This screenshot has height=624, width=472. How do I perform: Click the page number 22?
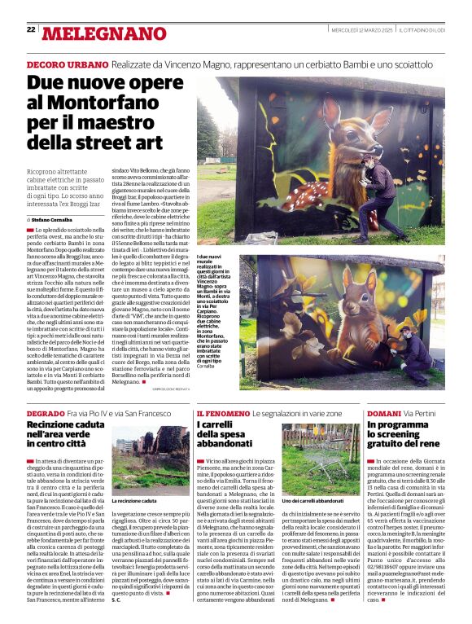[x=31, y=29]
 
